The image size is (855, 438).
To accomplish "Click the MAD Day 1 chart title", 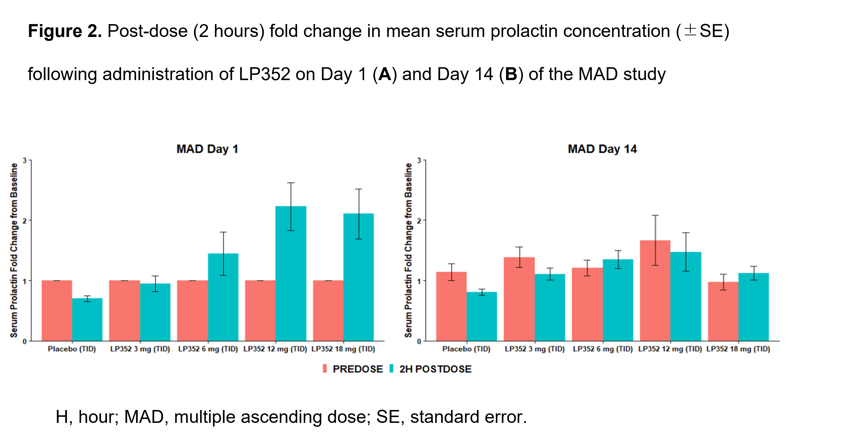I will (x=207, y=149).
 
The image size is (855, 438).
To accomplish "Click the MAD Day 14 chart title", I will (x=602, y=149).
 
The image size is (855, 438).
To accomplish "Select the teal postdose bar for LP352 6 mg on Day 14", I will (x=618, y=300).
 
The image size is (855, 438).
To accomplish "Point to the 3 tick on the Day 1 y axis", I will (x=25, y=160).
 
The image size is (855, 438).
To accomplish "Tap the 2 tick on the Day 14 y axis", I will (x=419, y=221).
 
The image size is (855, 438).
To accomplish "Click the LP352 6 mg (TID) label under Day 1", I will (x=208, y=349).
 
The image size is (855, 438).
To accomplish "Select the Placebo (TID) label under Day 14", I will (x=466, y=349).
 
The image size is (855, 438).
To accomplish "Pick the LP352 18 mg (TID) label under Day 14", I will (x=738, y=349).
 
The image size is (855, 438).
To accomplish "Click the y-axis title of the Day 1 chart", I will (x=14, y=251).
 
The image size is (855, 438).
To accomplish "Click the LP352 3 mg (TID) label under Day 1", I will (x=140, y=349).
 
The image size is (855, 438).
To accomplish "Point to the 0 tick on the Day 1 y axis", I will (x=25, y=341).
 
